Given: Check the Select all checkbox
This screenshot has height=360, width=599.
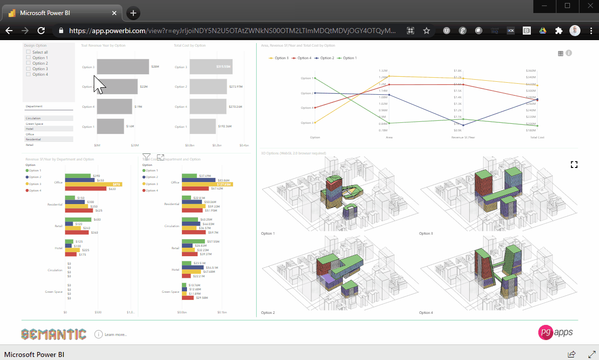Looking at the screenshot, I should pyautogui.click(x=29, y=52).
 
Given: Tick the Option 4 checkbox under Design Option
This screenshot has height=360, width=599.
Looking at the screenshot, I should pyautogui.click(x=29, y=74).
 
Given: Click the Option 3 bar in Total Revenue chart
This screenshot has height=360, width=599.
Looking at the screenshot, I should pyautogui.click(x=123, y=67).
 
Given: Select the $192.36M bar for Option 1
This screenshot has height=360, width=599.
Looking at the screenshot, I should pyautogui.click(x=203, y=126).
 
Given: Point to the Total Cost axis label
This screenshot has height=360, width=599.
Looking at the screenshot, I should pyautogui.click(x=537, y=137).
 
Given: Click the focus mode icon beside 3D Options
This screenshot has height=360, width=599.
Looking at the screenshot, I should pyautogui.click(x=574, y=164).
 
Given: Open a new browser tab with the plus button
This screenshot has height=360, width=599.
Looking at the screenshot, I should pyautogui.click(x=133, y=13).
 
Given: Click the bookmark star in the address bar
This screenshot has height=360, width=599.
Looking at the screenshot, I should pyautogui.click(x=427, y=31).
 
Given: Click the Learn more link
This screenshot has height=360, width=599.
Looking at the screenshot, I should pyautogui.click(x=115, y=334).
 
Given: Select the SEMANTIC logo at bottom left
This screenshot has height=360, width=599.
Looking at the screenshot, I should pyautogui.click(x=54, y=334).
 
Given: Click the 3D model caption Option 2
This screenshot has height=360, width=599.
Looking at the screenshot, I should pyautogui.click(x=268, y=312).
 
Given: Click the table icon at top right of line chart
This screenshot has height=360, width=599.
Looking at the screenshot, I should pyautogui.click(x=560, y=53).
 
